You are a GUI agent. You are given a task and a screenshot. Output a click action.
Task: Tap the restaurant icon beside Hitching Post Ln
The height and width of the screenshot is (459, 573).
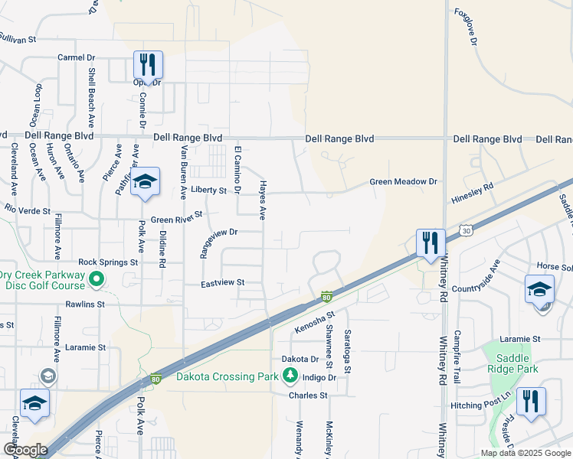coord(530,402)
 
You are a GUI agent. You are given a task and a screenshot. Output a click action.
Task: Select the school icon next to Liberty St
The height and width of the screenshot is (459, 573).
coord(145,182)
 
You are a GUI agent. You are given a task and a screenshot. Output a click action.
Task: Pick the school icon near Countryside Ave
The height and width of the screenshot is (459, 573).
coord(539,290)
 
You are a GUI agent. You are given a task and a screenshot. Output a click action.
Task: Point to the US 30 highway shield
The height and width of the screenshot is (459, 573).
coord(467,229)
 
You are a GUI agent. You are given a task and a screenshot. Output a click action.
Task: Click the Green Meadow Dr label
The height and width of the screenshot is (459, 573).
coord(403,182)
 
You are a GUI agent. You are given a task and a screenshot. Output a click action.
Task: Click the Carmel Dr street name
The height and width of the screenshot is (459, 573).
coord(77,57)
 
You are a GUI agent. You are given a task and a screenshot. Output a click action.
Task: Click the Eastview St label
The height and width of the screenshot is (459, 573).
coord(222,282)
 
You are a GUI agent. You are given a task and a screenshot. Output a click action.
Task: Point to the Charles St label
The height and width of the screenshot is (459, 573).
coord(308,396)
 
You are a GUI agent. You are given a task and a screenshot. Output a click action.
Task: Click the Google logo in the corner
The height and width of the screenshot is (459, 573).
coord(25,449)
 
